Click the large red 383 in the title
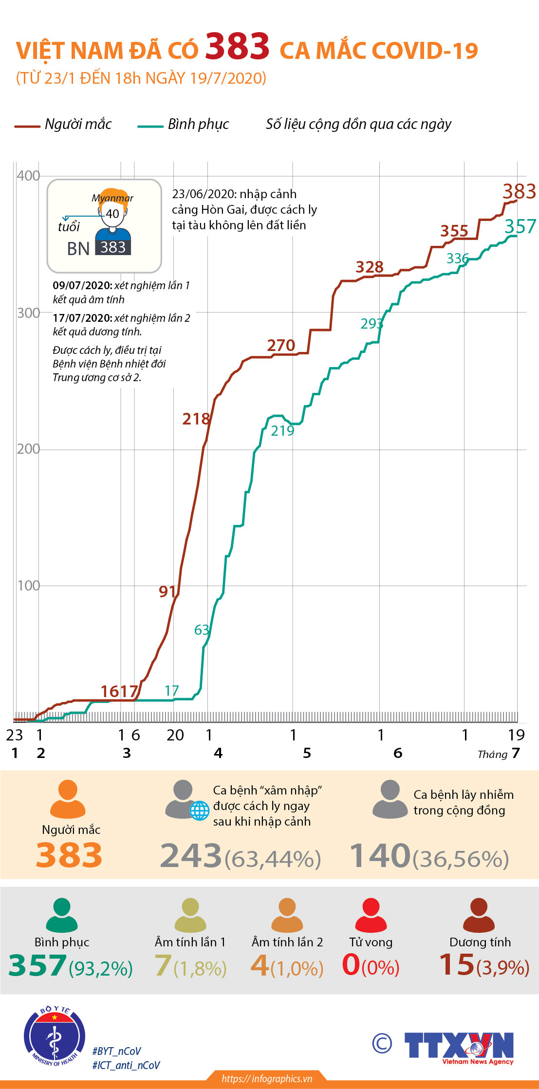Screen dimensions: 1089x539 [x=237, y=47]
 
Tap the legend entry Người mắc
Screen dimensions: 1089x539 [x=78, y=125]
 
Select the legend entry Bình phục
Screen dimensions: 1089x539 [x=198, y=125]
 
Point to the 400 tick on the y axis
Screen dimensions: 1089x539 [x=28, y=176]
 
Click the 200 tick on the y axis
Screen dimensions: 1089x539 [x=28, y=449]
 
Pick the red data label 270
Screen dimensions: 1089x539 [x=281, y=346]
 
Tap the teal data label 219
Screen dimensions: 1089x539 [x=282, y=431]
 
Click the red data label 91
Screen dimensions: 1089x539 [x=167, y=591]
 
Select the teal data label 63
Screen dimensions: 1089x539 [x=202, y=630]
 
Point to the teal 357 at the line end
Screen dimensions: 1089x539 [x=520, y=226]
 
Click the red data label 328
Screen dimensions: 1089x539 [x=370, y=267]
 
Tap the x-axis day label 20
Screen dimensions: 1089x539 [x=175, y=735]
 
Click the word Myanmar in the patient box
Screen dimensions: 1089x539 [x=112, y=198]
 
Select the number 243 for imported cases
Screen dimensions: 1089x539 [x=191, y=856]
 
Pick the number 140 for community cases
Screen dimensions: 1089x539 [x=380, y=856]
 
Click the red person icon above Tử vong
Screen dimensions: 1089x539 [x=371, y=915]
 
